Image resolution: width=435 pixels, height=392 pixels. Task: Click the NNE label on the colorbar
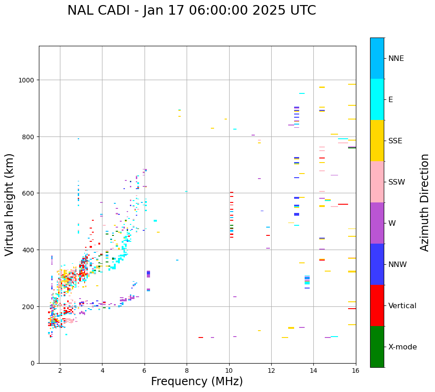point(396,59)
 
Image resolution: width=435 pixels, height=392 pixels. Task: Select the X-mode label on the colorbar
point(403,347)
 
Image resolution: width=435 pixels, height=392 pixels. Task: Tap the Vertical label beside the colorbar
point(402,306)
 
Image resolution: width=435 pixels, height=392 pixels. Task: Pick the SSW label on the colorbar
point(397,182)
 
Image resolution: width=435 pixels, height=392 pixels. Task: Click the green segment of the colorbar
point(377,347)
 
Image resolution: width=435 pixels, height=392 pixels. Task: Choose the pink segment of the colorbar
point(377,182)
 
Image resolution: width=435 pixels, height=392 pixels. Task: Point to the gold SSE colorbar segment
point(377,141)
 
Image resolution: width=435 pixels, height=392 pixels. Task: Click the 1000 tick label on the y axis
point(27,80)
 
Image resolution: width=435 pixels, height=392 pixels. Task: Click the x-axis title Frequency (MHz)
point(197,382)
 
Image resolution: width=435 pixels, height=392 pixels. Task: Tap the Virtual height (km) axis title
point(10,204)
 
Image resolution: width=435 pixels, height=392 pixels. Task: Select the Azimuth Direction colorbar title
point(425,202)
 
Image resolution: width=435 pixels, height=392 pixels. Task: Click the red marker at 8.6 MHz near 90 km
point(201,338)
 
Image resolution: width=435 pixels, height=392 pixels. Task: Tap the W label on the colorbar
point(392,223)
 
